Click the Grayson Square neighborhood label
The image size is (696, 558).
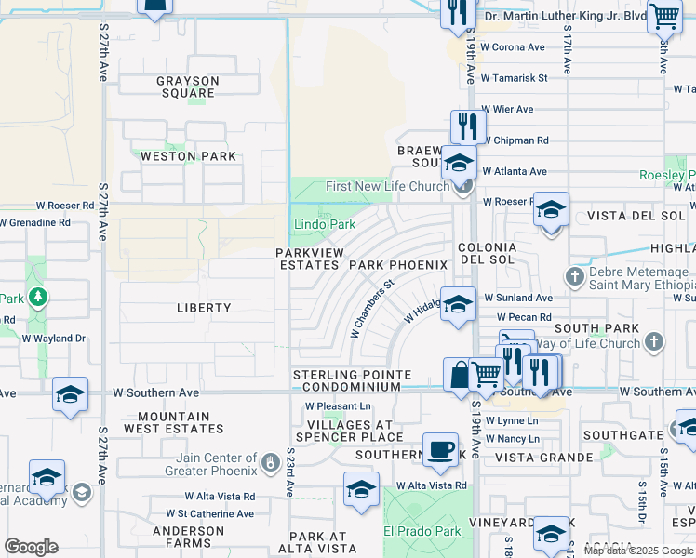187,87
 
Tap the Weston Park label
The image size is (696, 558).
188,156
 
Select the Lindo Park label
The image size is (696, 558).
325,224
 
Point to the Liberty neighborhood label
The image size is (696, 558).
203,307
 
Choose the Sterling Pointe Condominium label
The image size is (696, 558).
352,380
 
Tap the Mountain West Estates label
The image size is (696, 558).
181,423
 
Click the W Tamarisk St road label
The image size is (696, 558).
514,78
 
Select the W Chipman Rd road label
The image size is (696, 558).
515,140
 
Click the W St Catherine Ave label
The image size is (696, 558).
209,513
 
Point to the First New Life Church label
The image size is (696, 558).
387,186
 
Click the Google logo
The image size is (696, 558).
32,547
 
